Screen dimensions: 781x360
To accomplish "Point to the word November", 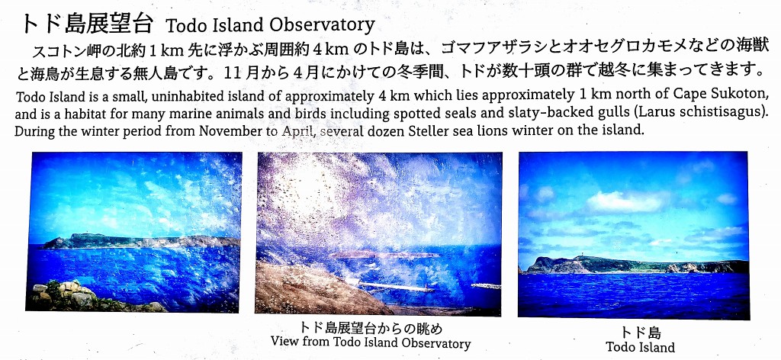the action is (x=227, y=132).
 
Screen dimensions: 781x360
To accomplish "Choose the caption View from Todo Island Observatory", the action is (x=371, y=343).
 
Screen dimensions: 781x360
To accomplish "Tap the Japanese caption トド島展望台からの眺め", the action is (x=371, y=329).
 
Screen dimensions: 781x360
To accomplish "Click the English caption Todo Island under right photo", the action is (x=640, y=347).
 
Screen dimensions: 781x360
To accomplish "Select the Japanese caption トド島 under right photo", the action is (x=640, y=333).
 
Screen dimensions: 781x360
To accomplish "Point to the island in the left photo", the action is (x=140, y=242).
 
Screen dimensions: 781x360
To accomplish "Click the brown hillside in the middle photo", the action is (x=309, y=289).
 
